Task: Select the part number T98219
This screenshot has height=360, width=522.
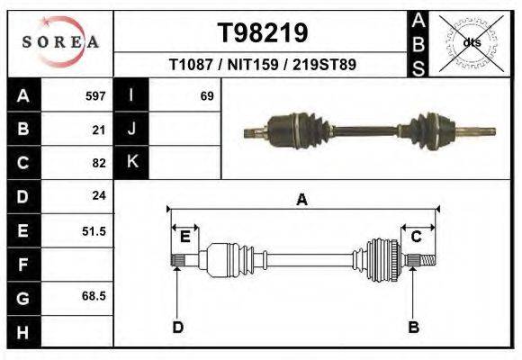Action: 263,33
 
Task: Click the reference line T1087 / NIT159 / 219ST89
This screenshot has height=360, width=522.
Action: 263,66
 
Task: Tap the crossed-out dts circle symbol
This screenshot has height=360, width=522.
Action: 471,42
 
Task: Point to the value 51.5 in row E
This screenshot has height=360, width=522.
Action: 94,231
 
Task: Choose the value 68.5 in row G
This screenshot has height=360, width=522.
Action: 94,295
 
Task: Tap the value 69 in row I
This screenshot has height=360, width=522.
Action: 206,95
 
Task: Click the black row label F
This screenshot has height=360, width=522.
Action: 22,265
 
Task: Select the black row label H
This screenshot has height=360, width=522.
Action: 22,331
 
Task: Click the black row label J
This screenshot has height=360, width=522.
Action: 131,130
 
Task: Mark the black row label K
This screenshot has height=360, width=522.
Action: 131,163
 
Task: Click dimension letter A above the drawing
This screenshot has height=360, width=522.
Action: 301,200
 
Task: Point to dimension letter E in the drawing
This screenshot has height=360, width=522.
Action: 184,237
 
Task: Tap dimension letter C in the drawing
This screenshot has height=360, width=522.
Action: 417,237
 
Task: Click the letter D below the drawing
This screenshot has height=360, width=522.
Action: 177,327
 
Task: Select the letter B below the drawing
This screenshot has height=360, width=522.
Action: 414,327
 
